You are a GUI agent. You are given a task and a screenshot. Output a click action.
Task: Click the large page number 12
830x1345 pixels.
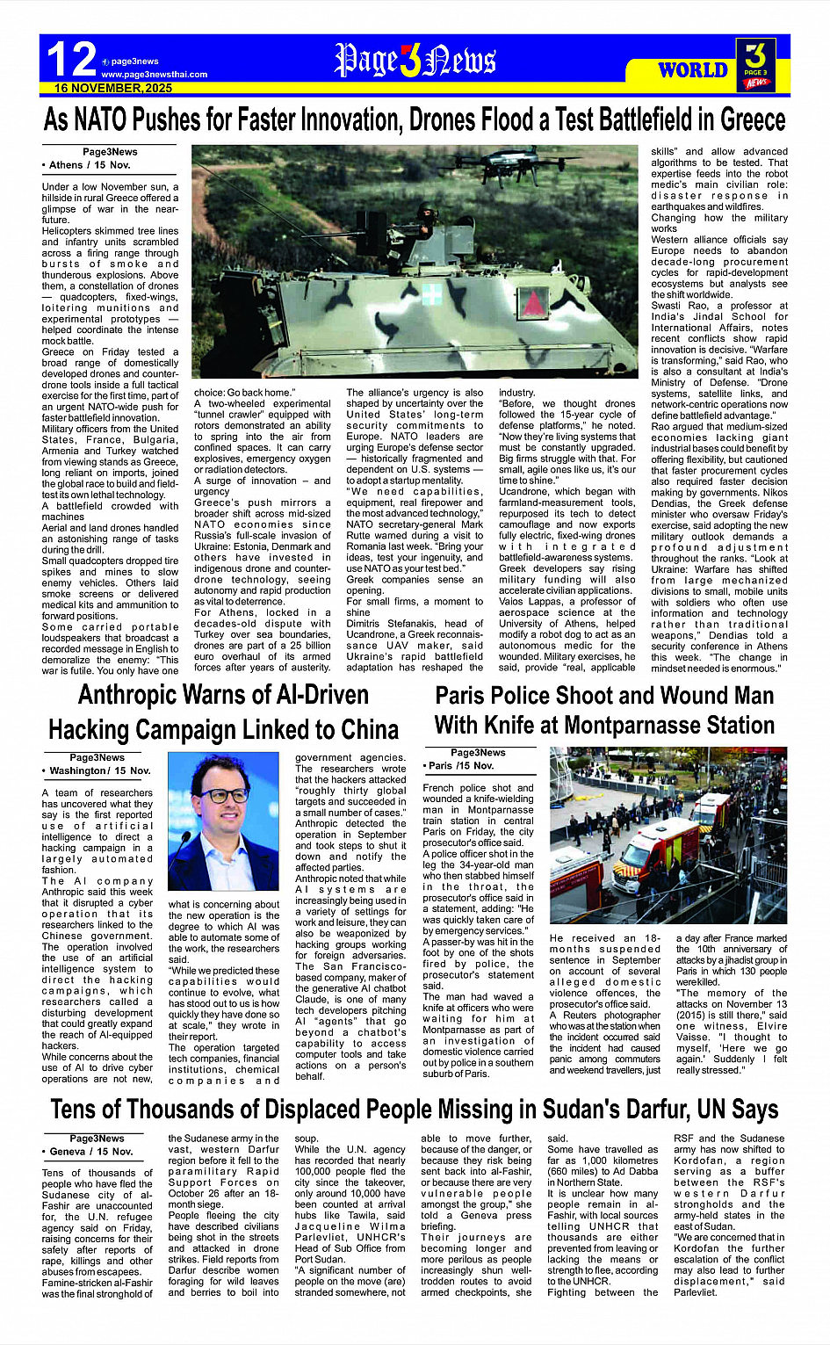(x=70, y=60)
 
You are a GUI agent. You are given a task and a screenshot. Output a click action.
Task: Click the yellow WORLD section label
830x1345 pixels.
(x=692, y=70)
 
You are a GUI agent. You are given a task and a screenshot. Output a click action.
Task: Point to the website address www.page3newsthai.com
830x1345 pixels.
(x=155, y=75)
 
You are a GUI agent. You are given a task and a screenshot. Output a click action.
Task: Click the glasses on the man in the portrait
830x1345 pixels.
(x=226, y=795)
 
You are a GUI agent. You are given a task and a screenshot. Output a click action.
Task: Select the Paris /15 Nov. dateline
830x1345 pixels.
(x=461, y=765)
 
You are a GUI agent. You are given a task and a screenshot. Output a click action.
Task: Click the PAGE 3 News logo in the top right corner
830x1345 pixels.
(x=755, y=64)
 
